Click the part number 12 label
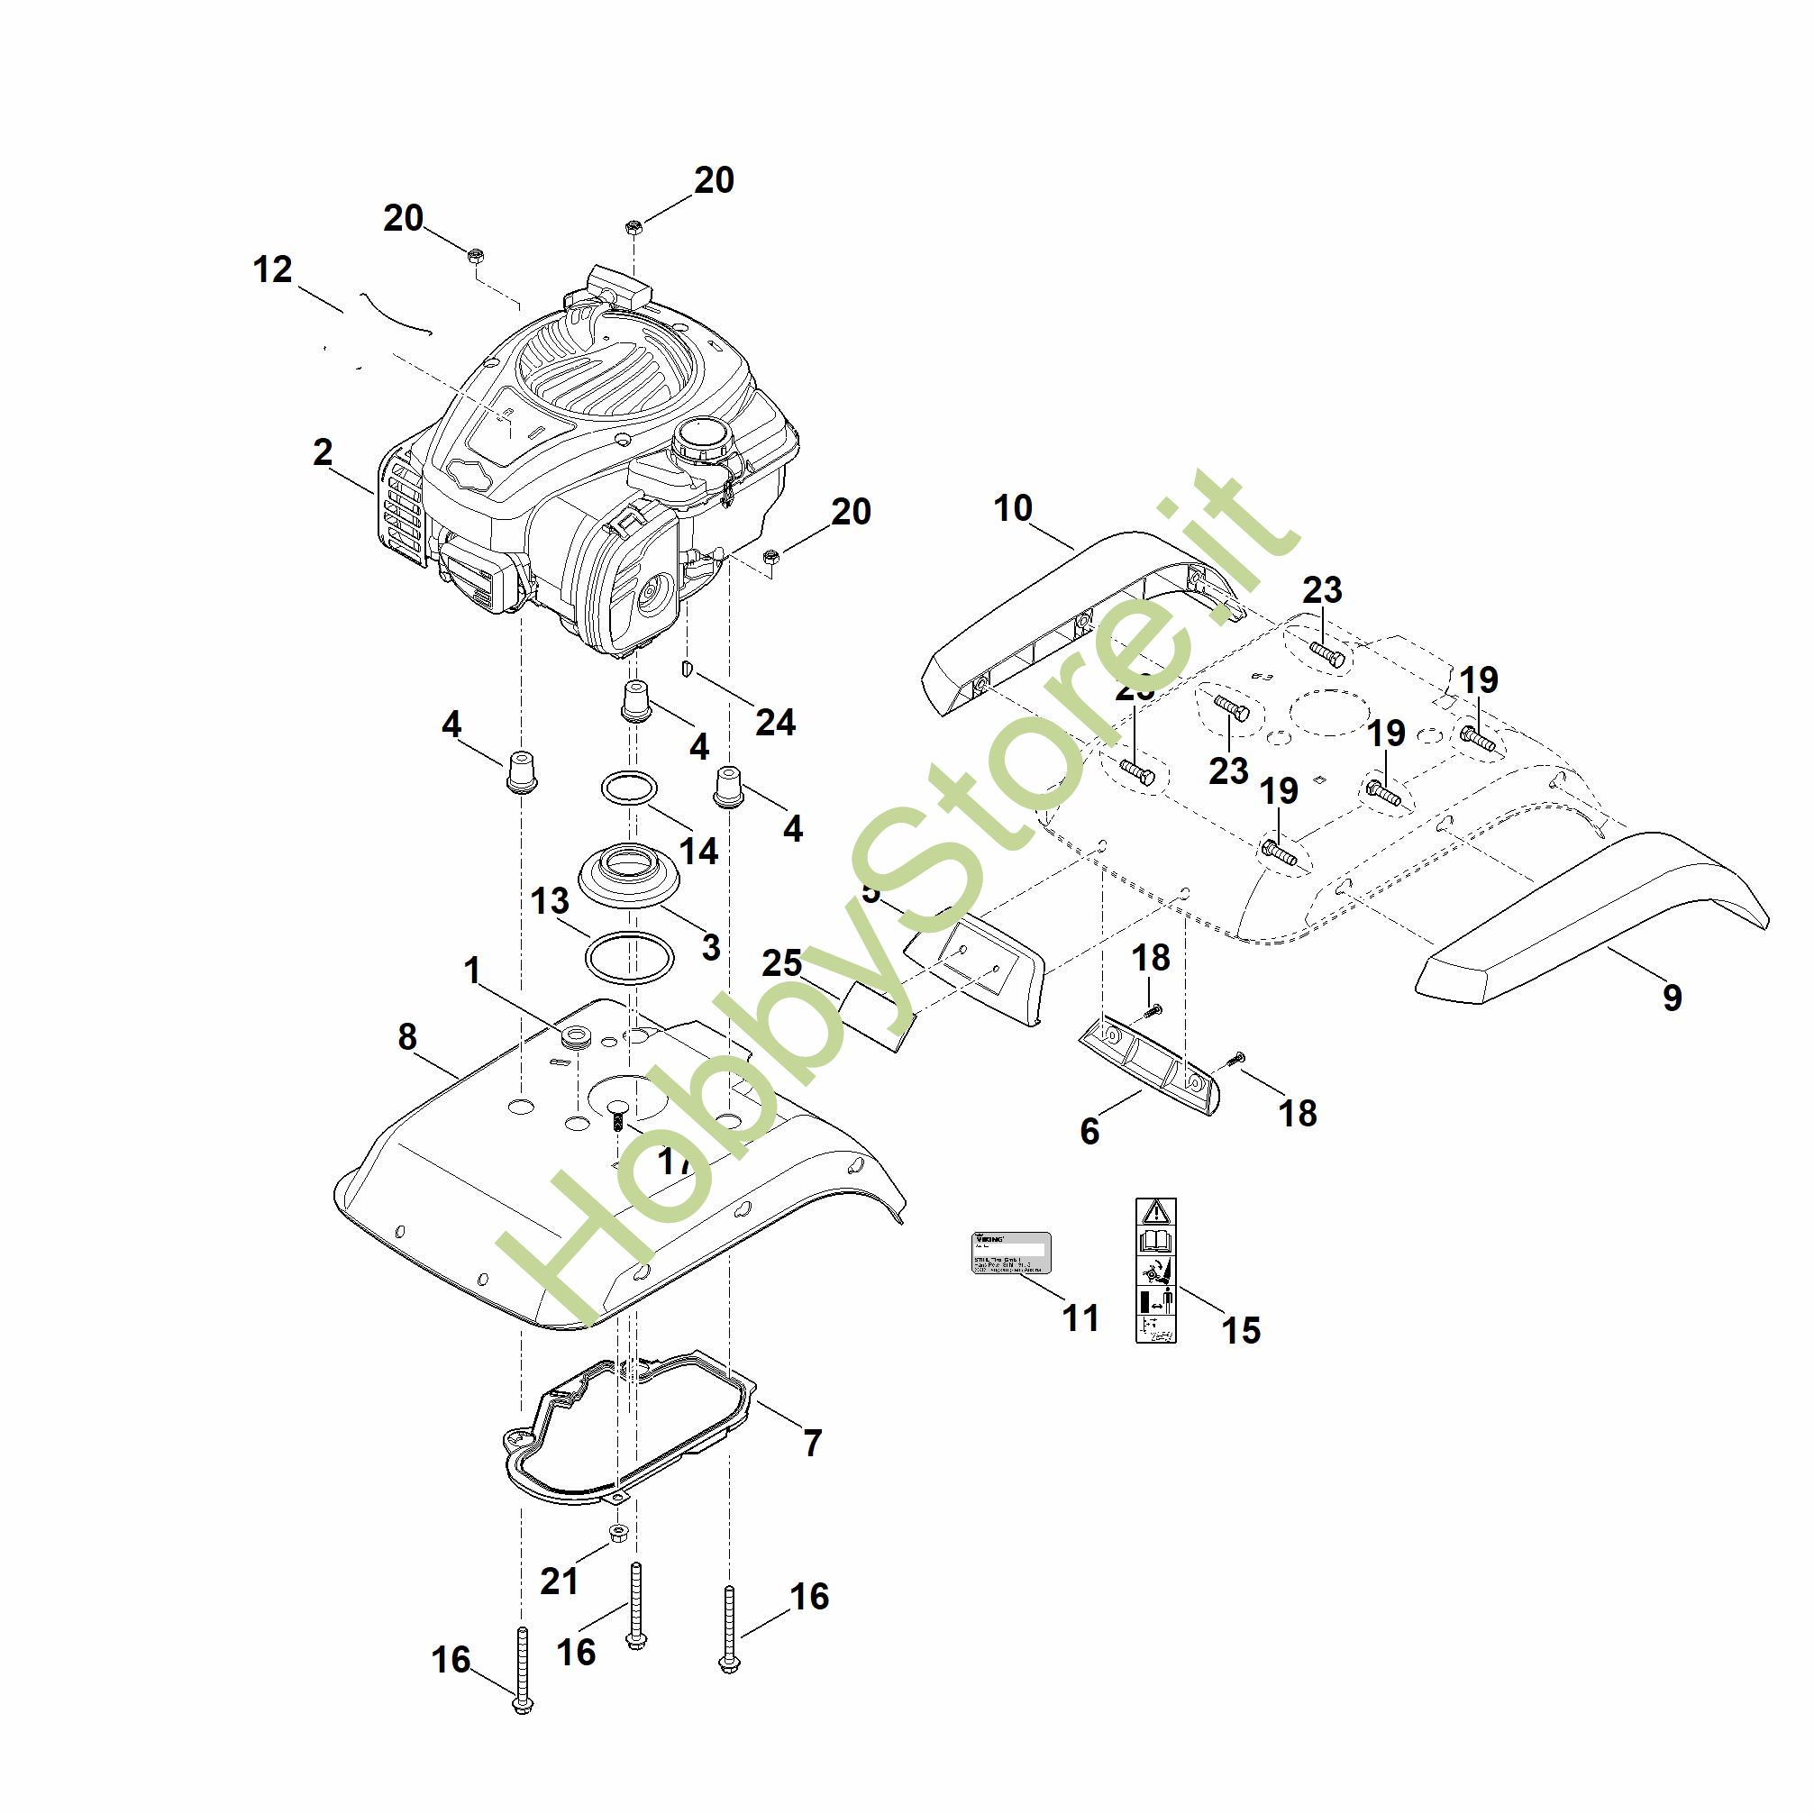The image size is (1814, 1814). (x=272, y=270)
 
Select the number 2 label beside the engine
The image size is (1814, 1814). (x=322, y=452)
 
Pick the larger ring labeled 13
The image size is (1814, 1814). (x=629, y=958)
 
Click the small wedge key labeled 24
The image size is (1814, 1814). (x=687, y=669)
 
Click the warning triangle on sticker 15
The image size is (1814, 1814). (x=1156, y=1210)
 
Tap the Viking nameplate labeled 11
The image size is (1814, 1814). (x=1009, y=1253)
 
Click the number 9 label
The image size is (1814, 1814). (x=1672, y=998)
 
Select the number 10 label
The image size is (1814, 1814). (x=1012, y=508)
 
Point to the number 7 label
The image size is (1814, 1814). (x=812, y=1441)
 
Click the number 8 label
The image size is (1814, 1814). (x=406, y=1036)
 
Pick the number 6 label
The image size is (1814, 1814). (x=1089, y=1132)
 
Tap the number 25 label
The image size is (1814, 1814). (x=781, y=963)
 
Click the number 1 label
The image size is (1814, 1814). (x=471, y=970)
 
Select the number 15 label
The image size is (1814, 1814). (x=1240, y=1329)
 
